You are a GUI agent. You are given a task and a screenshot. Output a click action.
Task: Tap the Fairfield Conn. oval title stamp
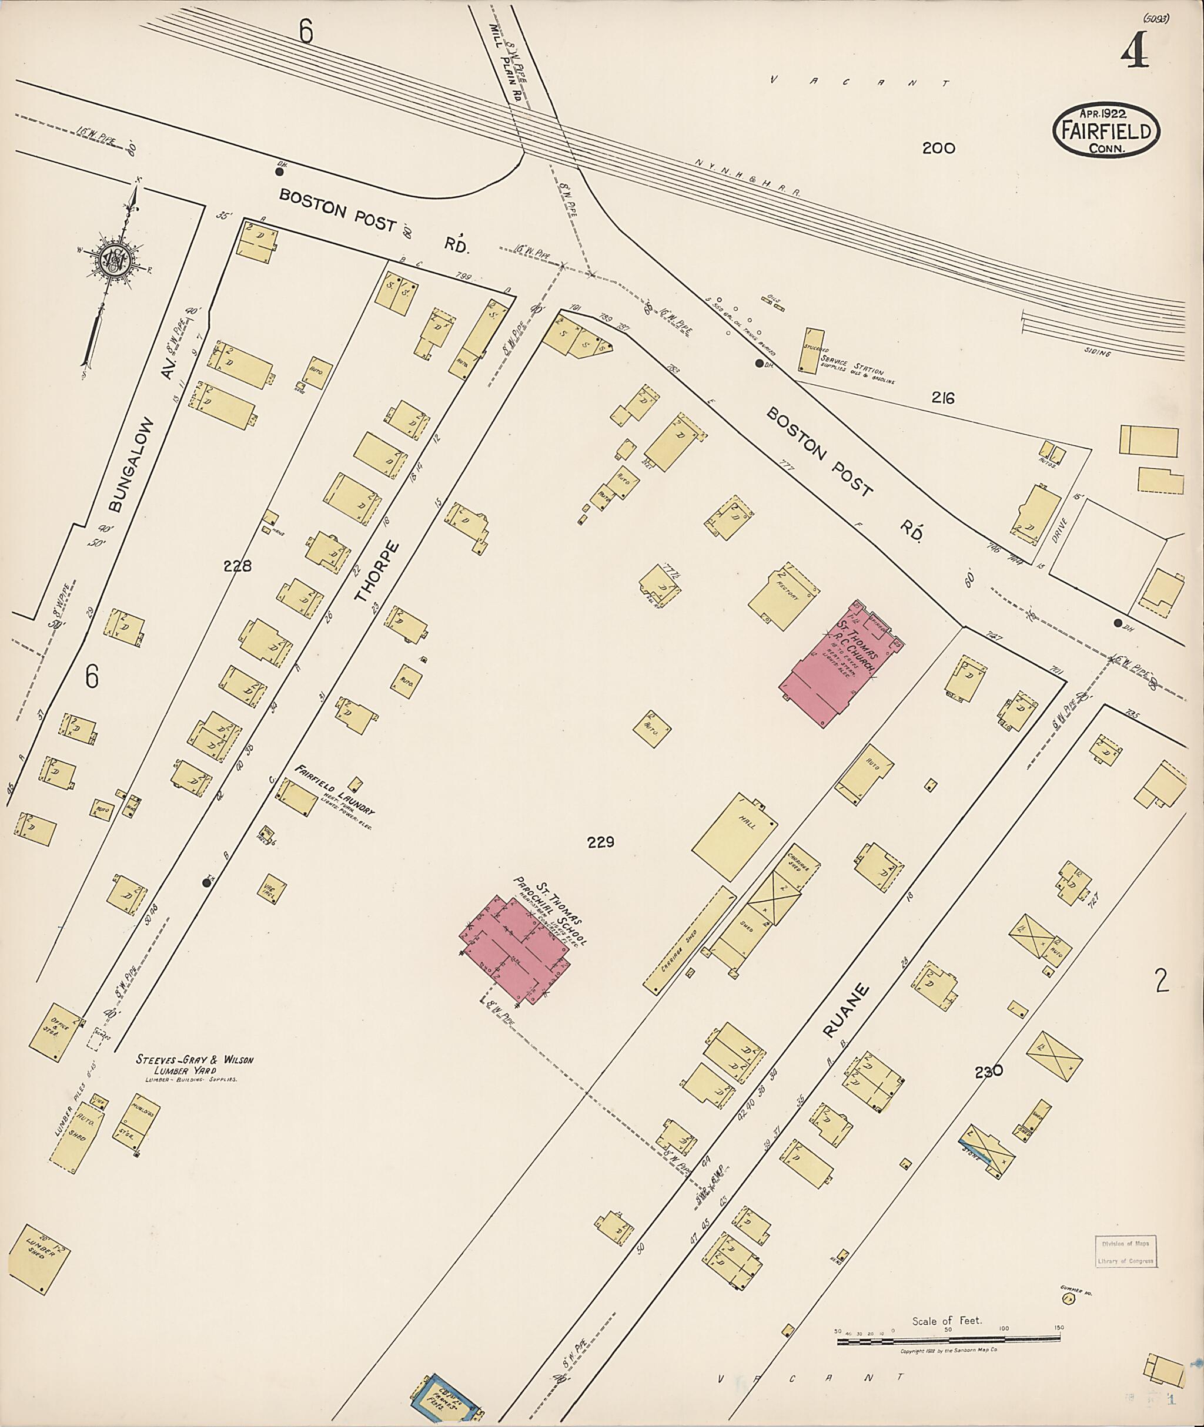(1106, 130)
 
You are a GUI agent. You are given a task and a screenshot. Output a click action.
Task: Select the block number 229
(601, 842)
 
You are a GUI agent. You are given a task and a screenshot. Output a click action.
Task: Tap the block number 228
(238, 566)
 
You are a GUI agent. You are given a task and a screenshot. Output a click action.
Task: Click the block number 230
(989, 1072)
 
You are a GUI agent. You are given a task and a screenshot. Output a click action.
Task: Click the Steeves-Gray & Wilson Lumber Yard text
(195, 1066)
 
